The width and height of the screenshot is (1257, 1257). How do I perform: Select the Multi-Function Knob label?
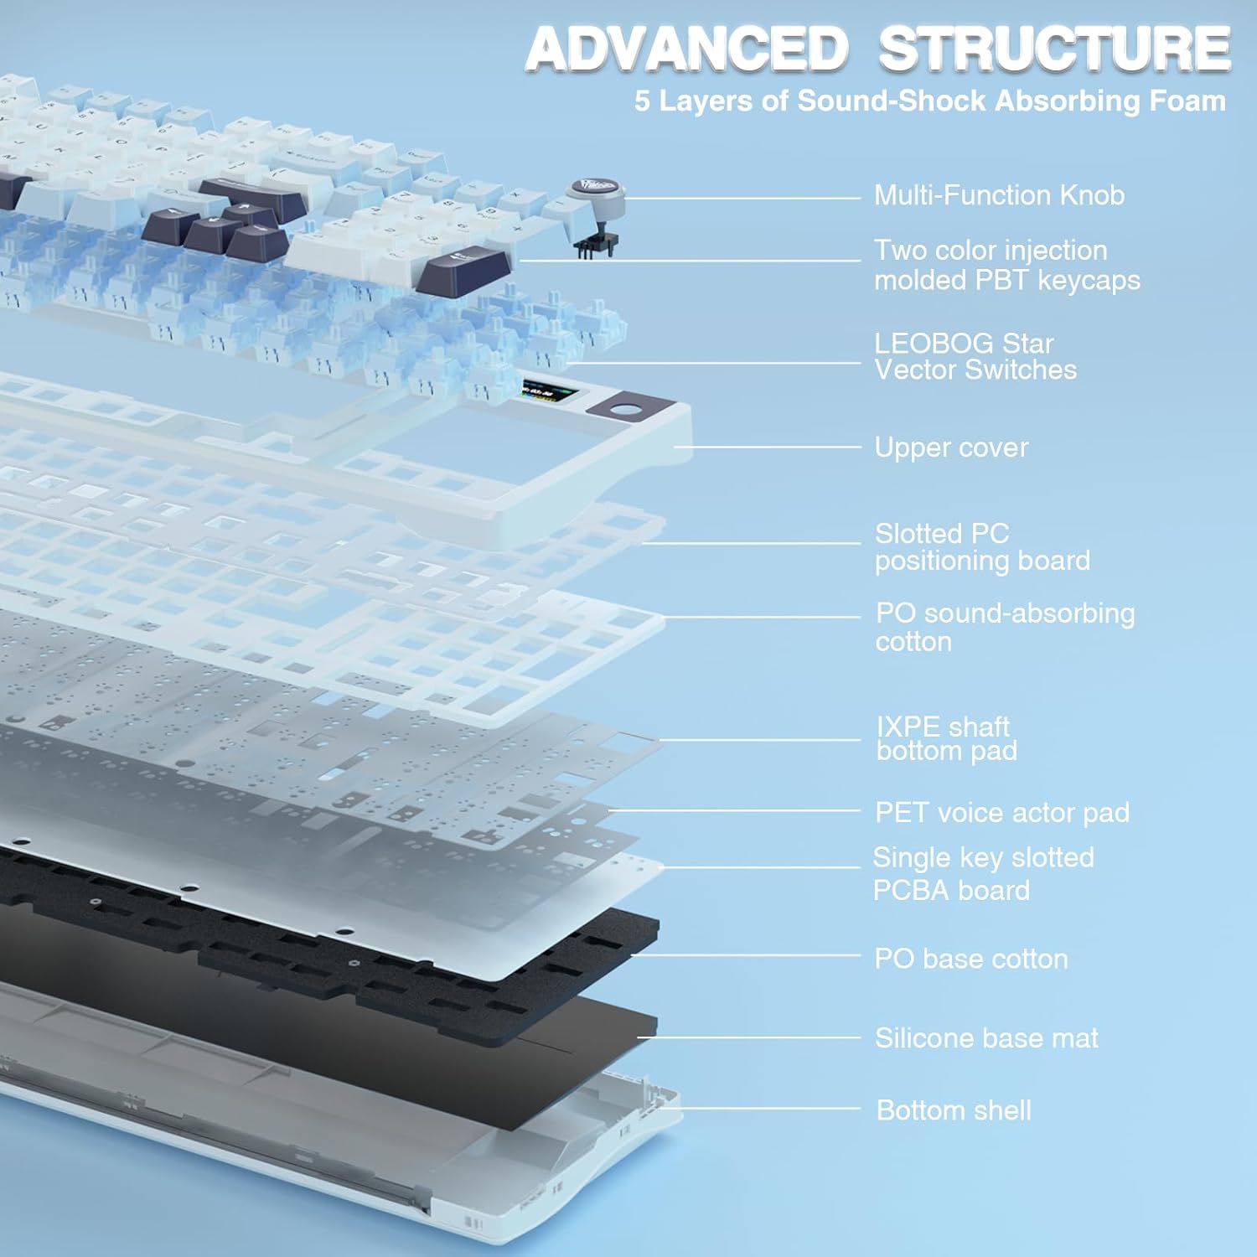pos(999,195)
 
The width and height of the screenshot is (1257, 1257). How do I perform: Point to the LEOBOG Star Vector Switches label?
pos(975,356)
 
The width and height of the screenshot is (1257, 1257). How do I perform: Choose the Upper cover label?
pos(951,447)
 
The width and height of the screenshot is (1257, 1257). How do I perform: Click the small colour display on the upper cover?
pos(542,391)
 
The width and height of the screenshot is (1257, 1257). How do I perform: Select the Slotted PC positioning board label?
pos(982,546)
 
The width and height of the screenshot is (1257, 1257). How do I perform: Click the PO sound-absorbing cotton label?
pos(1005,627)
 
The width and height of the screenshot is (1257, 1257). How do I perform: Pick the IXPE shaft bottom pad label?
pos(947,738)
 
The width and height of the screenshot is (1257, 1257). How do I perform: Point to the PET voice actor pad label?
pos(1002,812)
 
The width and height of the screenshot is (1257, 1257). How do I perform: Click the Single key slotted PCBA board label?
pos(983,873)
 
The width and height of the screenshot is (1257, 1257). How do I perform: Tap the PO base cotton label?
pos(971,959)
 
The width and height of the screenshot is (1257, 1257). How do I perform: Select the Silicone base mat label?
pos(986,1038)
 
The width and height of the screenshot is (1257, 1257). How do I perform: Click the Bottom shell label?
pos(954,1110)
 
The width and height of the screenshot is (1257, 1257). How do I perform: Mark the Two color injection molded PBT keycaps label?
pos(1007,265)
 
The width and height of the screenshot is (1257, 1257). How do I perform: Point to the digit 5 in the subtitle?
pos(642,101)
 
